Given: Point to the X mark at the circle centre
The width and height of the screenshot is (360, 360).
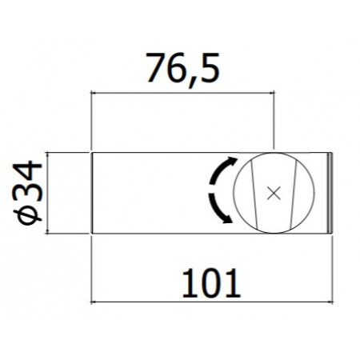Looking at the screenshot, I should click(274, 192).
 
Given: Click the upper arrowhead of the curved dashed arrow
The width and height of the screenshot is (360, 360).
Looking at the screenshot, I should click(232, 160).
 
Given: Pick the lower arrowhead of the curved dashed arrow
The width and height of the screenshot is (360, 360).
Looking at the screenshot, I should click(230, 219).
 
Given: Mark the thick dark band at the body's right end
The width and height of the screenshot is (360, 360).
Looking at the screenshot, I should click(331, 192).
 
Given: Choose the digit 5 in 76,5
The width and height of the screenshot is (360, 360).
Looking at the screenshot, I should click(208, 69).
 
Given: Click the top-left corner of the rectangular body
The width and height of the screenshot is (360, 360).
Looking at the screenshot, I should click(93, 152).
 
